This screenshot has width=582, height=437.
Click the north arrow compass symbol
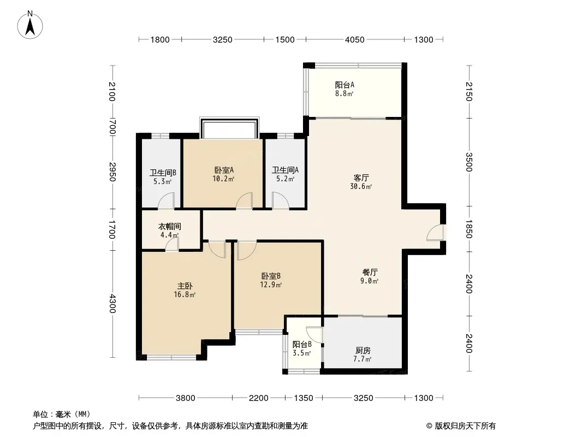[x=30, y=25]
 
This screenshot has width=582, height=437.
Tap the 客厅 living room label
[x=361, y=178]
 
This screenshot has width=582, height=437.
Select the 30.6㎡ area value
[x=361, y=187]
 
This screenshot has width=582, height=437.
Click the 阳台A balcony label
[x=345, y=85]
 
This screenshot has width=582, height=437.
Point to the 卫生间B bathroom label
[x=163, y=173]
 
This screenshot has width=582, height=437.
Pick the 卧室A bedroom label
[x=224, y=170]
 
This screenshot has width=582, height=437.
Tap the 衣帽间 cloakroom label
[x=170, y=226]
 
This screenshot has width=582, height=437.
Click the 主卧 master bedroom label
[x=185, y=286]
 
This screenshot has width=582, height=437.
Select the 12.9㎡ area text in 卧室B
[x=271, y=285]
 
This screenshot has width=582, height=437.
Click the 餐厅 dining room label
[x=370, y=272]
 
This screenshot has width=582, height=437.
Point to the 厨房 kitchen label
[x=363, y=351]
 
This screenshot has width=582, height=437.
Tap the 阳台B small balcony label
[x=302, y=345]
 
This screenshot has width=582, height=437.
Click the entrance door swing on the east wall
[x=435, y=232]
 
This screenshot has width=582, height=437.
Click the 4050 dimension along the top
[x=355, y=40]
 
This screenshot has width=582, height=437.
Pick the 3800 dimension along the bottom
[x=185, y=398]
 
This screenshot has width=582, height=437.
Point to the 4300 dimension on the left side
[x=112, y=304]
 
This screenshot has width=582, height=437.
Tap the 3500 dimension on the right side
[x=469, y=162]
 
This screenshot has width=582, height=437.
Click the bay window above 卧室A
[x=229, y=128]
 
